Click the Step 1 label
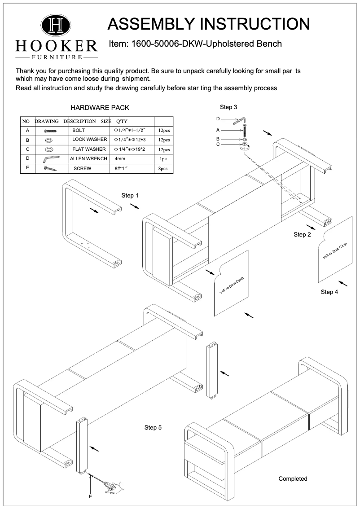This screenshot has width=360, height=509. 130,196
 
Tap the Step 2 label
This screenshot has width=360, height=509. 303,235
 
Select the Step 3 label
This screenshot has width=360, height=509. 228,107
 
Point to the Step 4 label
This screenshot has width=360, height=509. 329,292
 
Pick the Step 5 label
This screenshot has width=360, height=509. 153,428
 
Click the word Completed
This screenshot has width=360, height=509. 293,479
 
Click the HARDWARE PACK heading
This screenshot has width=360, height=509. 100,108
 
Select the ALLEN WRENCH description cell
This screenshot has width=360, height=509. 88,159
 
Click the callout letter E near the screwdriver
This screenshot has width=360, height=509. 91,497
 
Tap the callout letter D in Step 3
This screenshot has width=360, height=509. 218,119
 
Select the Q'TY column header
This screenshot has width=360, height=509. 122,121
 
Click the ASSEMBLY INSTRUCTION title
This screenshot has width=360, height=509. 209,24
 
